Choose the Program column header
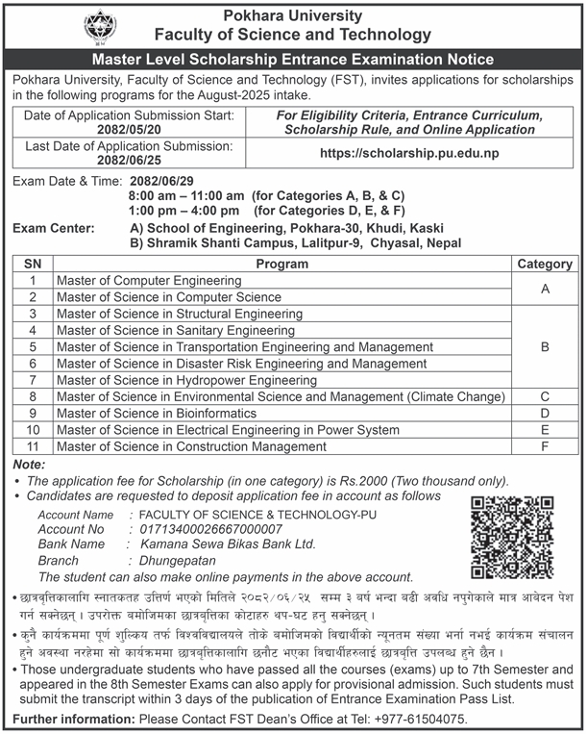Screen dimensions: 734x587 pos(281,264)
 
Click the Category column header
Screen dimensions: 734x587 pos(545,264)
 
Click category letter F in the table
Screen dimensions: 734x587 pos(545,445)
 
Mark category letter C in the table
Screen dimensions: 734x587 pos(545,395)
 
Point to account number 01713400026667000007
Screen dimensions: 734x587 pos(211,528)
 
